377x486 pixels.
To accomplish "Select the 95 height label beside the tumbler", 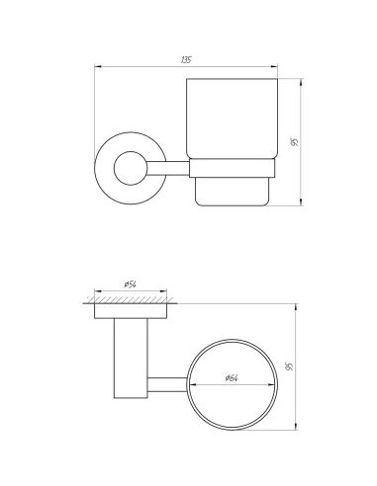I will (x=294, y=141).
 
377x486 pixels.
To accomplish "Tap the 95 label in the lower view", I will (x=289, y=367).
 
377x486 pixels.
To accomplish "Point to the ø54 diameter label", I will (x=130, y=284).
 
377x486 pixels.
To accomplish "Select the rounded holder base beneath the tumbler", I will (x=235, y=187).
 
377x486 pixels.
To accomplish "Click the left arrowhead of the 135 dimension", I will (x=96, y=66).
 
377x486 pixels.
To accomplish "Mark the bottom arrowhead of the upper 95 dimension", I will (x=300, y=204).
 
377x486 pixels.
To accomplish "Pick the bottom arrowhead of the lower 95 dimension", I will (x=295, y=429).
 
